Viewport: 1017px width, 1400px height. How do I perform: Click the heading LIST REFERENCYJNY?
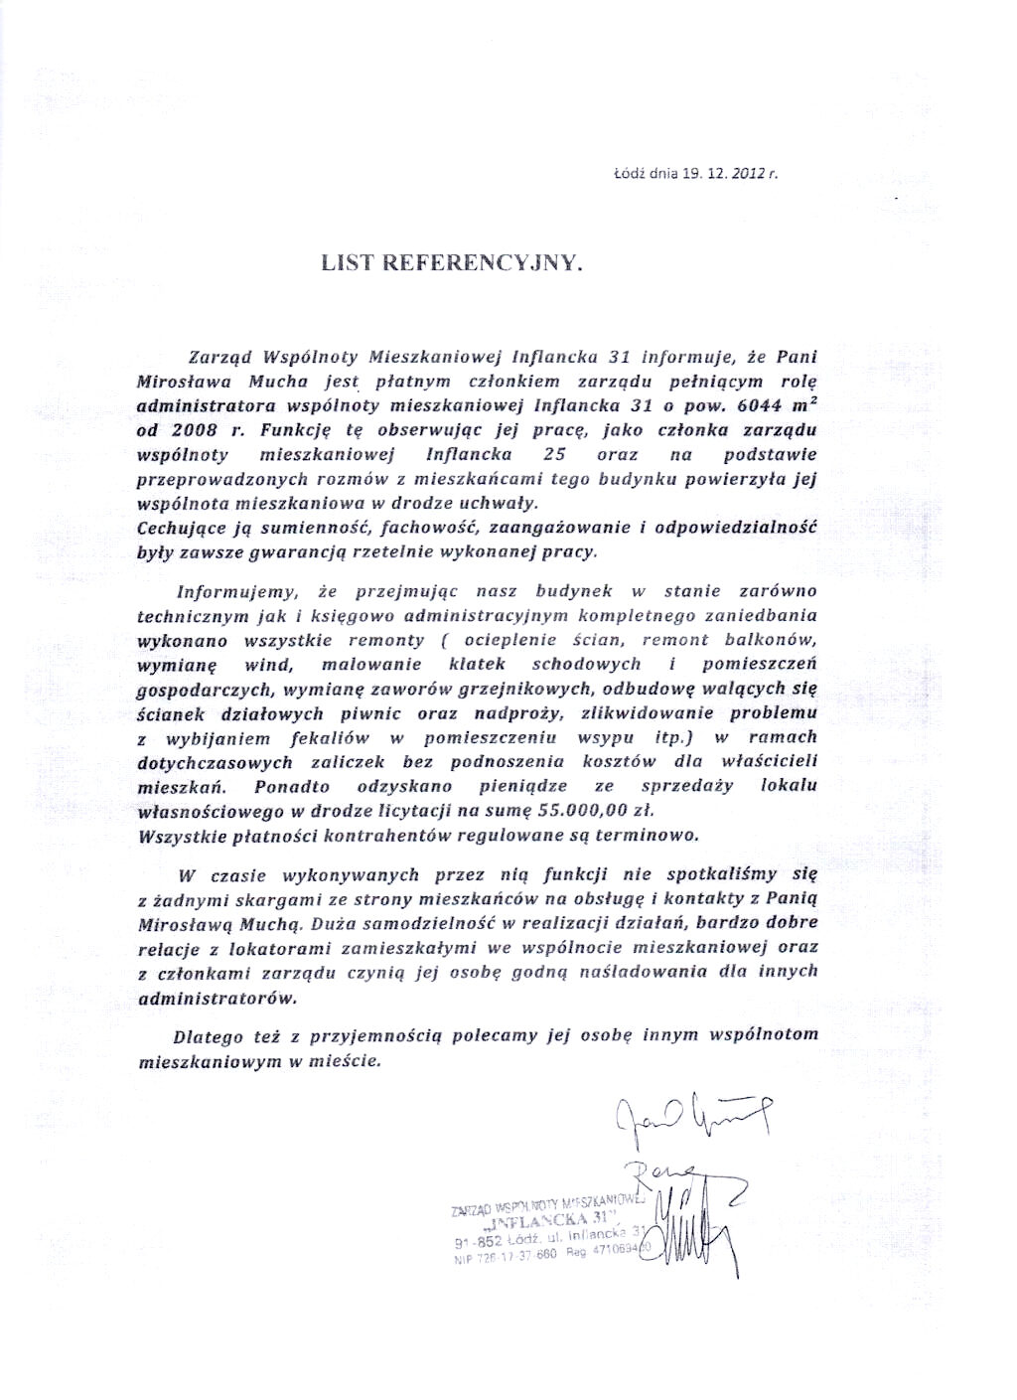(x=448, y=263)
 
